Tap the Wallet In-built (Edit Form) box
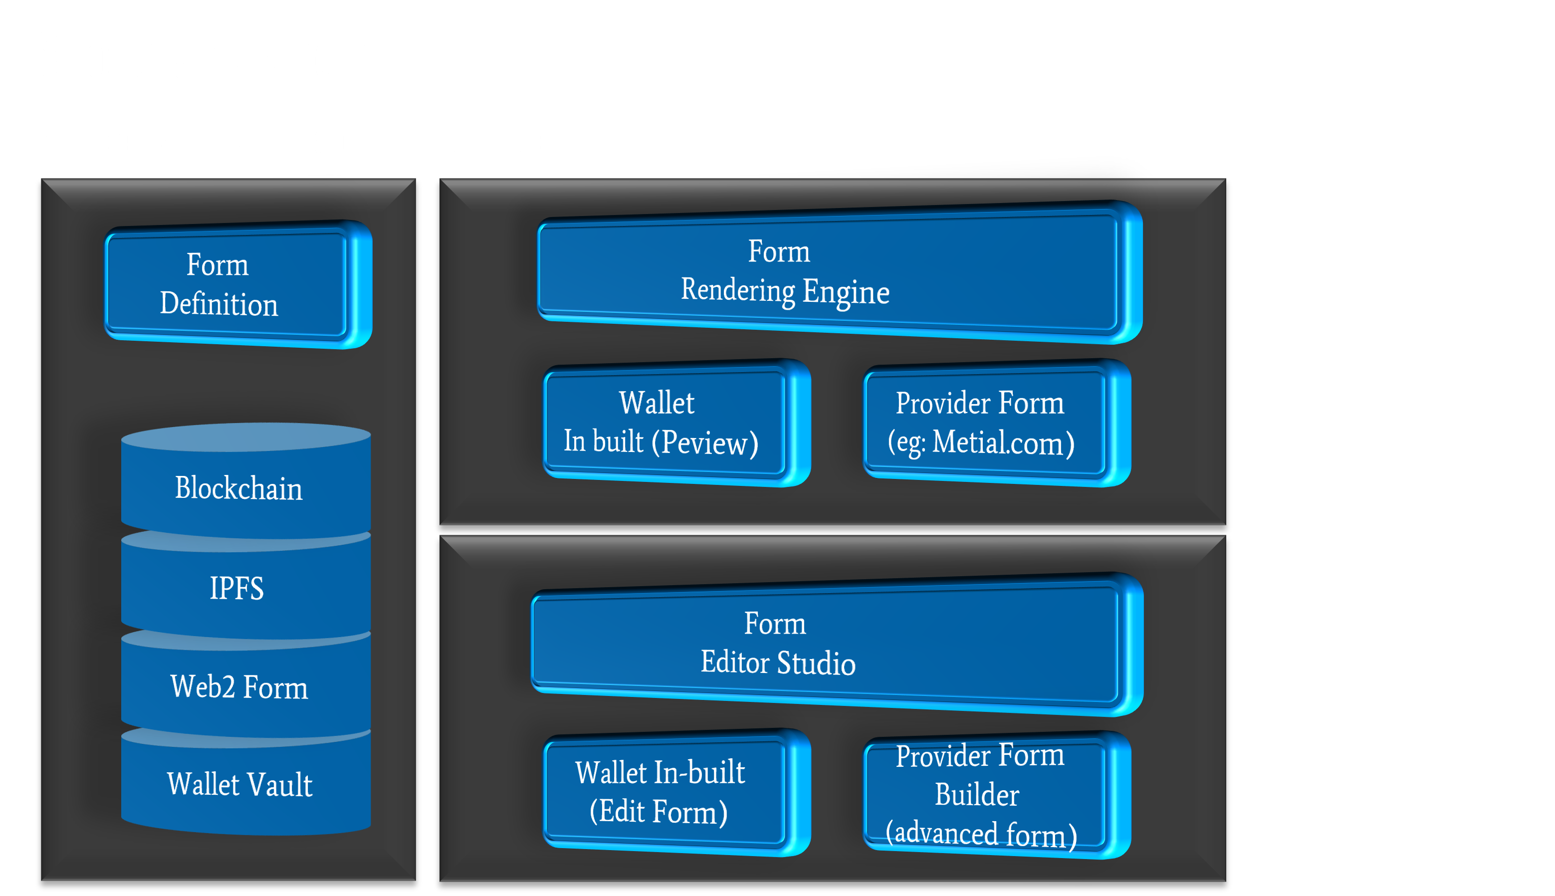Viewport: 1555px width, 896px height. [x=665, y=792]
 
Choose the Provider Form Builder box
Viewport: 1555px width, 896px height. [x=985, y=794]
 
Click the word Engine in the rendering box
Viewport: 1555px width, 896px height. [x=846, y=292]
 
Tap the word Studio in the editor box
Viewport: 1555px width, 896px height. [x=816, y=664]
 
